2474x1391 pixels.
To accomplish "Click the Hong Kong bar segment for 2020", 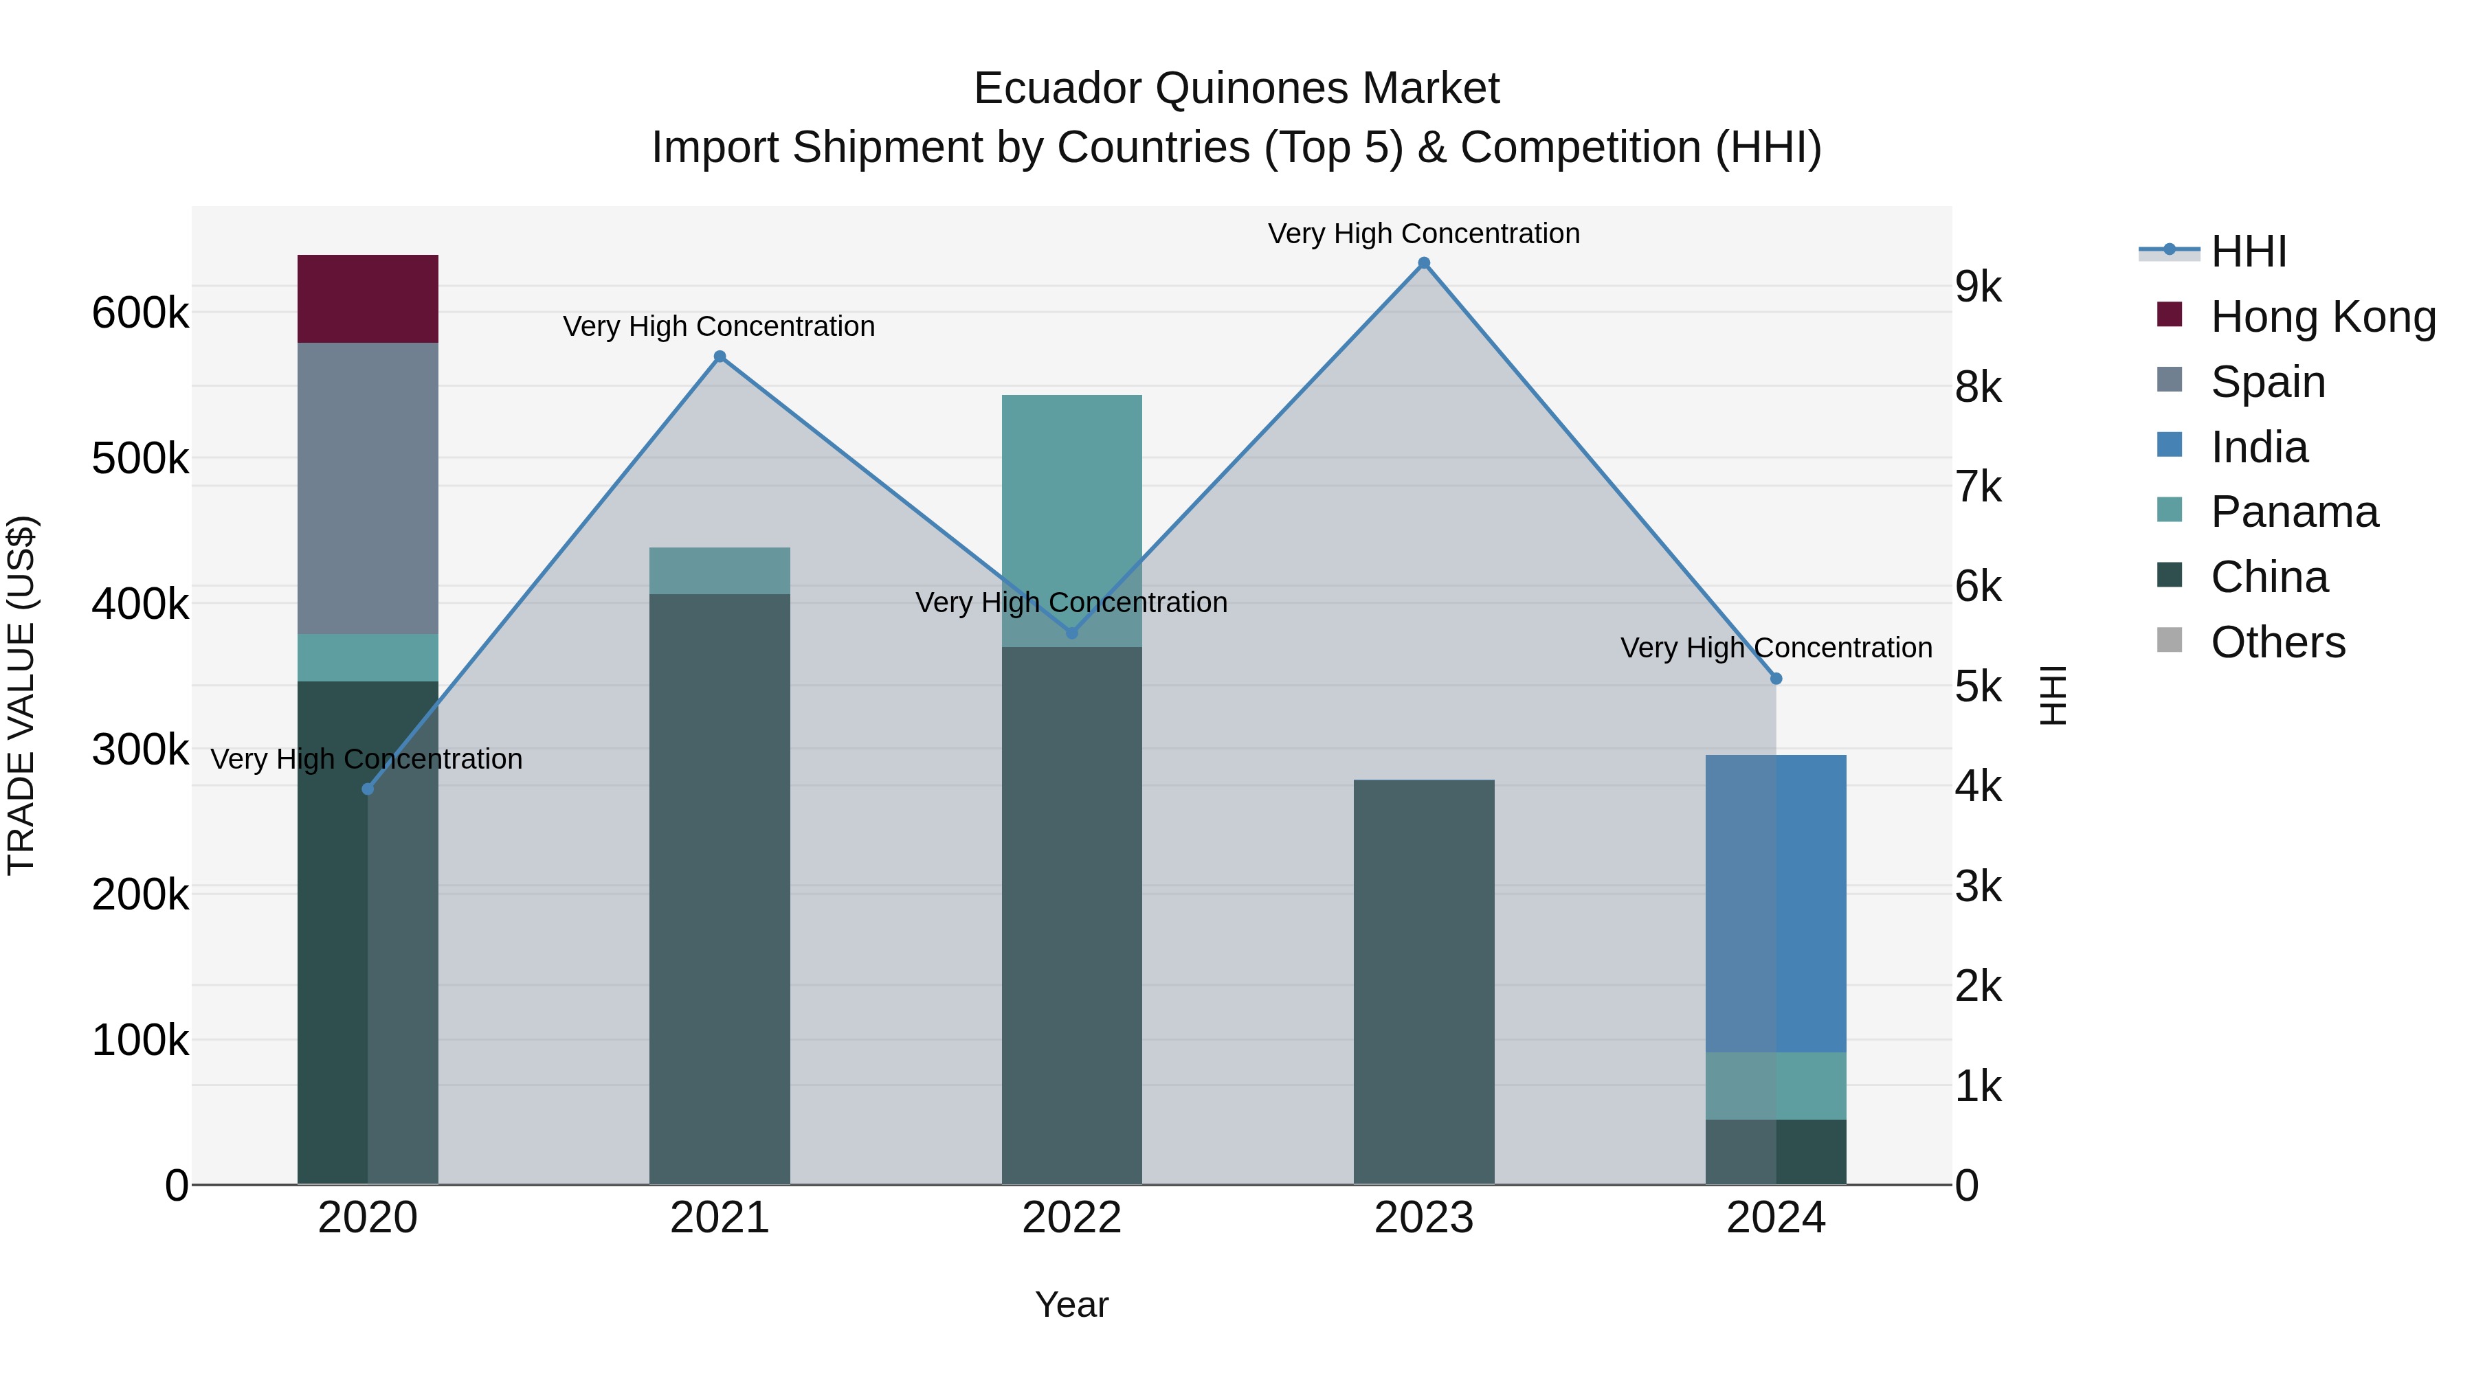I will (368, 299).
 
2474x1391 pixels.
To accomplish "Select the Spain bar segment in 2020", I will (368, 488).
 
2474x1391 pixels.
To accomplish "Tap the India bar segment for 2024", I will (1776, 903).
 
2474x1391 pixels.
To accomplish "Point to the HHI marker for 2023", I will (1425, 263).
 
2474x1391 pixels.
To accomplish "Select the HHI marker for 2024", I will (1776, 679).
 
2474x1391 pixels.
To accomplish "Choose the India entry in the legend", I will (2259, 447).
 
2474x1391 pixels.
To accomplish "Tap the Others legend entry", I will (2277, 642).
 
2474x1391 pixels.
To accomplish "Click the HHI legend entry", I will (2247, 251).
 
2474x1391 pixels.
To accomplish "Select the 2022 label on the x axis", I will (1072, 1218).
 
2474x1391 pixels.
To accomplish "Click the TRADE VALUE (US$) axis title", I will (21, 695).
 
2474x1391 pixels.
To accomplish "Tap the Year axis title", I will (1072, 1304).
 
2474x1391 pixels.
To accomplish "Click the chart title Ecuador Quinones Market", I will (1236, 89).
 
